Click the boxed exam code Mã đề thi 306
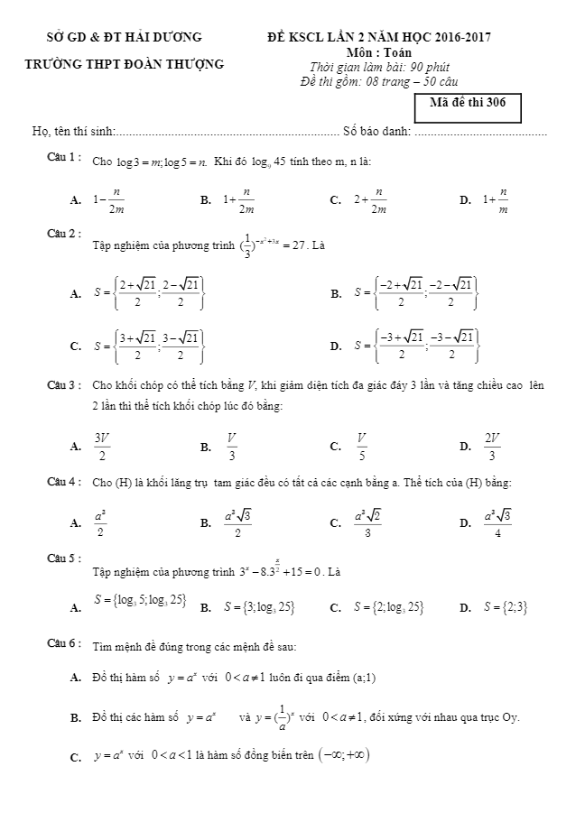coord(471,103)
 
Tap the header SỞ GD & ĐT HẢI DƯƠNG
coord(125,37)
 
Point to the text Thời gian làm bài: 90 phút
coord(380,67)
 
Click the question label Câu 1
coord(65,158)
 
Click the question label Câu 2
coord(65,234)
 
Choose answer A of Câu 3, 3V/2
coord(102,445)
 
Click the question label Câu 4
coord(65,482)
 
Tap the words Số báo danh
coord(376,132)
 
